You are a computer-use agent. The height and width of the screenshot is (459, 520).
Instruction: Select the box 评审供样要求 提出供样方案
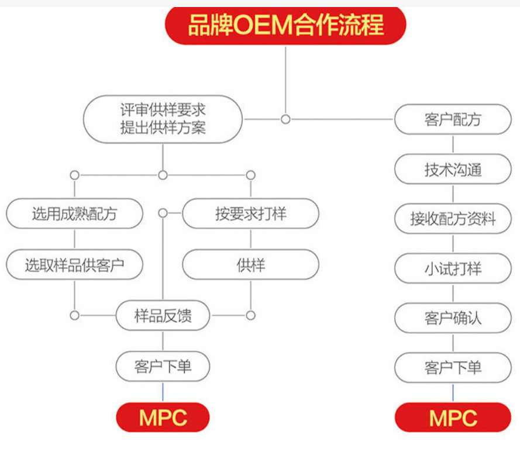coord(163,119)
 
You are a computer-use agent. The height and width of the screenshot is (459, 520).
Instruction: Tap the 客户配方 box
coord(453,119)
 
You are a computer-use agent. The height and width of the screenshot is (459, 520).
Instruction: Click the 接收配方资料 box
coord(453,219)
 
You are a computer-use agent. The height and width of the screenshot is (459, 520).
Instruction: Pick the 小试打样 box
coord(453,268)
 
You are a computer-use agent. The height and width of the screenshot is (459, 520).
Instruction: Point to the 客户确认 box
coord(453,318)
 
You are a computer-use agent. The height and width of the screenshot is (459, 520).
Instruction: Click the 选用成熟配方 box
coord(74,213)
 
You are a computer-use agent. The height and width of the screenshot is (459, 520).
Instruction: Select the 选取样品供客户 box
coord(74,265)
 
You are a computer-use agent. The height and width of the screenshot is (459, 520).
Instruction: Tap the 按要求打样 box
coord(250,213)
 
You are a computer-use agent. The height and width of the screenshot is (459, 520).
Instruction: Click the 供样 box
coord(250,265)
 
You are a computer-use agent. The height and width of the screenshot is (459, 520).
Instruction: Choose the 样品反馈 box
coord(163,316)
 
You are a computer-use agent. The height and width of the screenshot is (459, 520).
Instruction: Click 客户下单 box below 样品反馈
coord(163,367)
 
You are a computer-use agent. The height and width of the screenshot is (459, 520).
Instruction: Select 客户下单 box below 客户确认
coord(453,368)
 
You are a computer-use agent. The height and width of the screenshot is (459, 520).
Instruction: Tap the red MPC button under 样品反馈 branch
coord(163,417)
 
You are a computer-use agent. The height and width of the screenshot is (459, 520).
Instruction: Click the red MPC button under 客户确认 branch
coord(453,417)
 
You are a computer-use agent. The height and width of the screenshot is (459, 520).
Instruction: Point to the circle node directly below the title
coord(285,119)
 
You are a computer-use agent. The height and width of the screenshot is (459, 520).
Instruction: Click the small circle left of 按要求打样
coord(163,213)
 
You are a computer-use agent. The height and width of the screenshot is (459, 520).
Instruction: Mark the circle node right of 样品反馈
coord(250,316)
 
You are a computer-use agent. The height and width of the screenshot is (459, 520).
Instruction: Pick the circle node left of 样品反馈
coord(74,316)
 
